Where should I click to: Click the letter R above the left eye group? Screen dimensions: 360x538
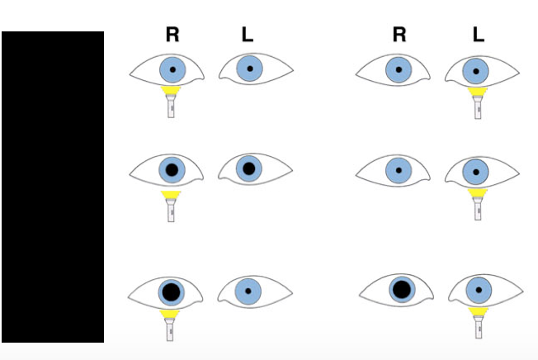[x=172, y=35]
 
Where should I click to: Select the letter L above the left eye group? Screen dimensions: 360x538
[x=248, y=35]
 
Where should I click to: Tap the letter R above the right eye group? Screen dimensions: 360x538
[x=399, y=35]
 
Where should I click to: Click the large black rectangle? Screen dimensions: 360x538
[x=53, y=187]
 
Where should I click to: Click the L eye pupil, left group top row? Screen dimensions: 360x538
[x=249, y=69]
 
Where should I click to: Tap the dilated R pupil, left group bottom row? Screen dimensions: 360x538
[x=171, y=291]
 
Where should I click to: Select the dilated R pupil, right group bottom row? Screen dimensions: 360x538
[x=401, y=290]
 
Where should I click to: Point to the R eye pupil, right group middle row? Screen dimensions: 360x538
[x=399, y=171]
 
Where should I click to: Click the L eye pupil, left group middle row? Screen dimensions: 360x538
[x=248, y=168]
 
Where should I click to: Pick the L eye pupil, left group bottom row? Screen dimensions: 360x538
[x=248, y=291]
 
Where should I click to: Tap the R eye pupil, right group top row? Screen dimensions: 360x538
[x=399, y=70]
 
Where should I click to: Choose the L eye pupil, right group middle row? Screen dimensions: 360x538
[x=475, y=171]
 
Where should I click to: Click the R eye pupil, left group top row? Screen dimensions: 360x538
[x=172, y=69]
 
